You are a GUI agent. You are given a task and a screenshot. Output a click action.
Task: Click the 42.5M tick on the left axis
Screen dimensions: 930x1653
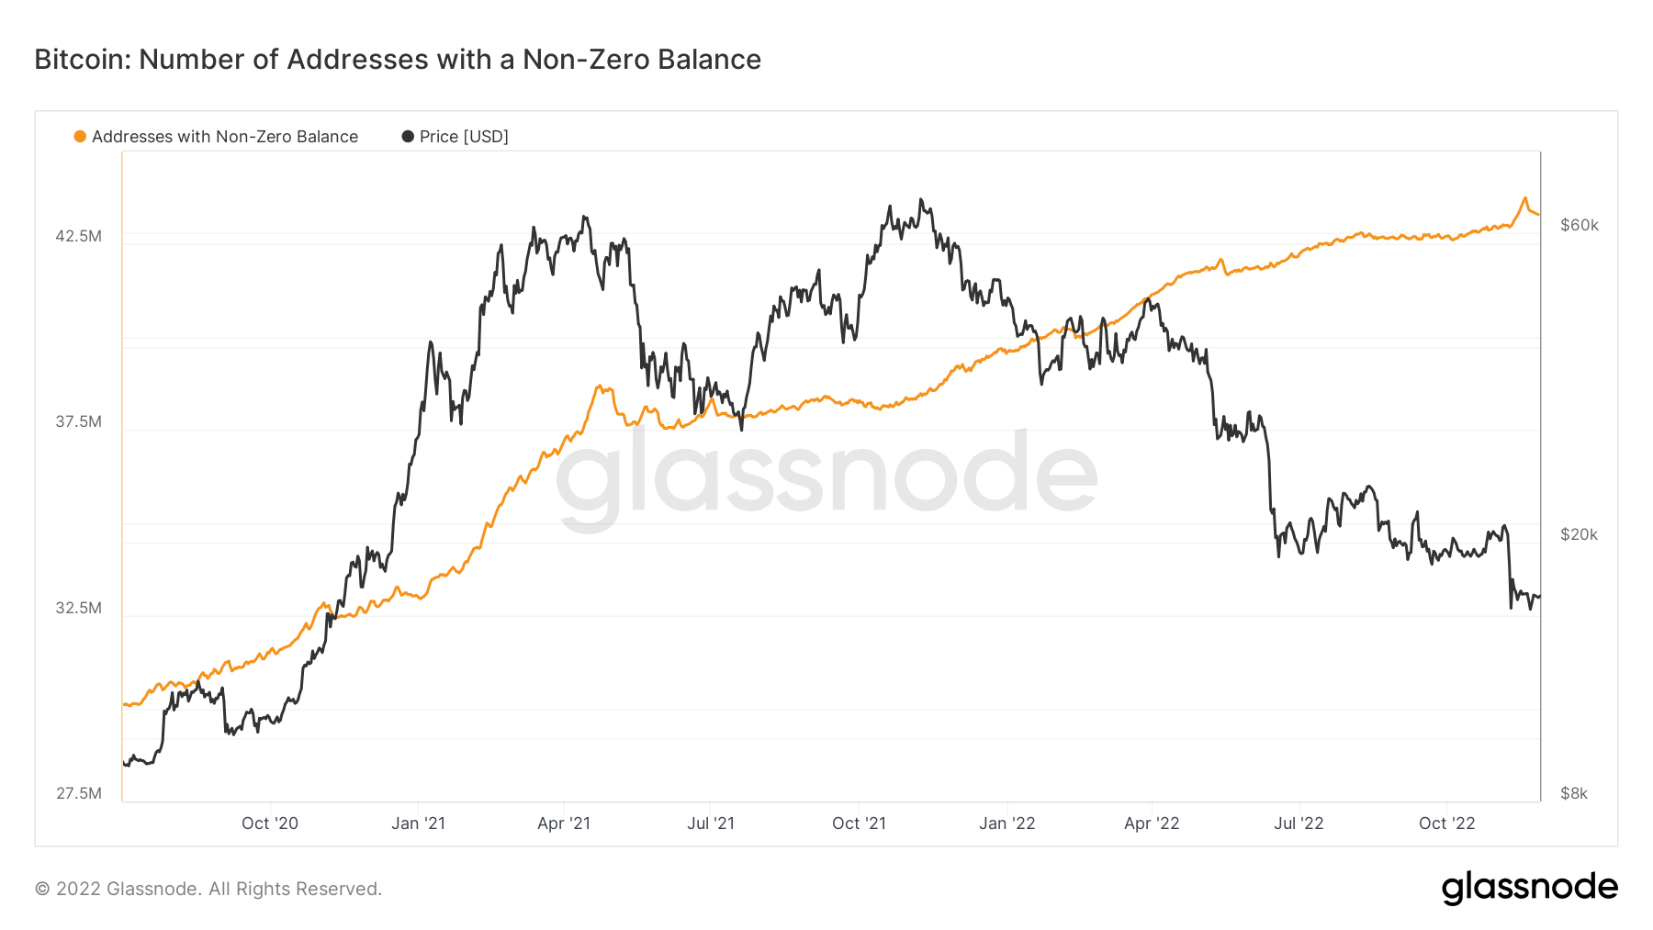pyautogui.click(x=78, y=236)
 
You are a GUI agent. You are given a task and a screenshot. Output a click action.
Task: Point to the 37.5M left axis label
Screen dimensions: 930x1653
pyautogui.click(x=78, y=421)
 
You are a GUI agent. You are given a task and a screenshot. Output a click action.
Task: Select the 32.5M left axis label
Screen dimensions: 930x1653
pyautogui.click(x=78, y=608)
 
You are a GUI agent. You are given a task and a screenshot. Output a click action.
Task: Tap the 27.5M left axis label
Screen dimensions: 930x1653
pyautogui.click(x=78, y=793)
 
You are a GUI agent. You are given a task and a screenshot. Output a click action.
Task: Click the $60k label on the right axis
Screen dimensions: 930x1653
pyautogui.click(x=1580, y=225)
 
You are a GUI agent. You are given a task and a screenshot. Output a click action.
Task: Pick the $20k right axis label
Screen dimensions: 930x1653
pyautogui.click(x=1580, y=534)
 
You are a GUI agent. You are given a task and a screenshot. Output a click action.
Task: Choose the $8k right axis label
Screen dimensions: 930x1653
pyautogui.click(x=1574, y=793)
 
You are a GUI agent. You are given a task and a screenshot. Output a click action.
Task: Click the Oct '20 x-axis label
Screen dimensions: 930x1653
pyautogui.click(x=270, y=824)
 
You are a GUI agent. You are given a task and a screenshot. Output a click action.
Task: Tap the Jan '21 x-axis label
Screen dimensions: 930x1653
pyautogui.click(x=418, y=824)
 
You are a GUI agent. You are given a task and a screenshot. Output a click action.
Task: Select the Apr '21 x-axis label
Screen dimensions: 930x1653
pyautogui.click(x=564, y=824)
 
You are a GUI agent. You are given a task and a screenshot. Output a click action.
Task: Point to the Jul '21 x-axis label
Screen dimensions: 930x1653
pyautogui.click(x=711, y=824)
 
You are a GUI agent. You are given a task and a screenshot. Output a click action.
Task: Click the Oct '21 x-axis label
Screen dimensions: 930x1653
pyautogui.click(x=859, y=824)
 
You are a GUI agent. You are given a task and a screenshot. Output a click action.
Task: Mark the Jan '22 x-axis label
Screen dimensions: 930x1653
pyautogui.click(x=1006, y=824)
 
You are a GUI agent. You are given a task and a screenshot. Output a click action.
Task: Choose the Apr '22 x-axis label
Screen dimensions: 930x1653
pyautogui.click(x=1152, y=824)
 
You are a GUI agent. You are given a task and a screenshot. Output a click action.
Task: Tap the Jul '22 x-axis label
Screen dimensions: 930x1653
pyautogui.click(x=1299, y=824)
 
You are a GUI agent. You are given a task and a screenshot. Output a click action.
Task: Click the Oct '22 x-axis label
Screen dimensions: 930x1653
pyautogui.click(x=1446, y=824)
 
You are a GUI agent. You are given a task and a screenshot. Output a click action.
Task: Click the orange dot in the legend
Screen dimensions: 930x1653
pyautogui.click(x=80, y=137)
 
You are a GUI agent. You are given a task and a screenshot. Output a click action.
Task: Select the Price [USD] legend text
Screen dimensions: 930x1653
pyautogui.click(x=464, y=137)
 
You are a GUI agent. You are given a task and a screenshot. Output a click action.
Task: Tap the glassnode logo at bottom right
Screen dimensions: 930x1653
pyautogui.click(x=1529, y=888)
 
